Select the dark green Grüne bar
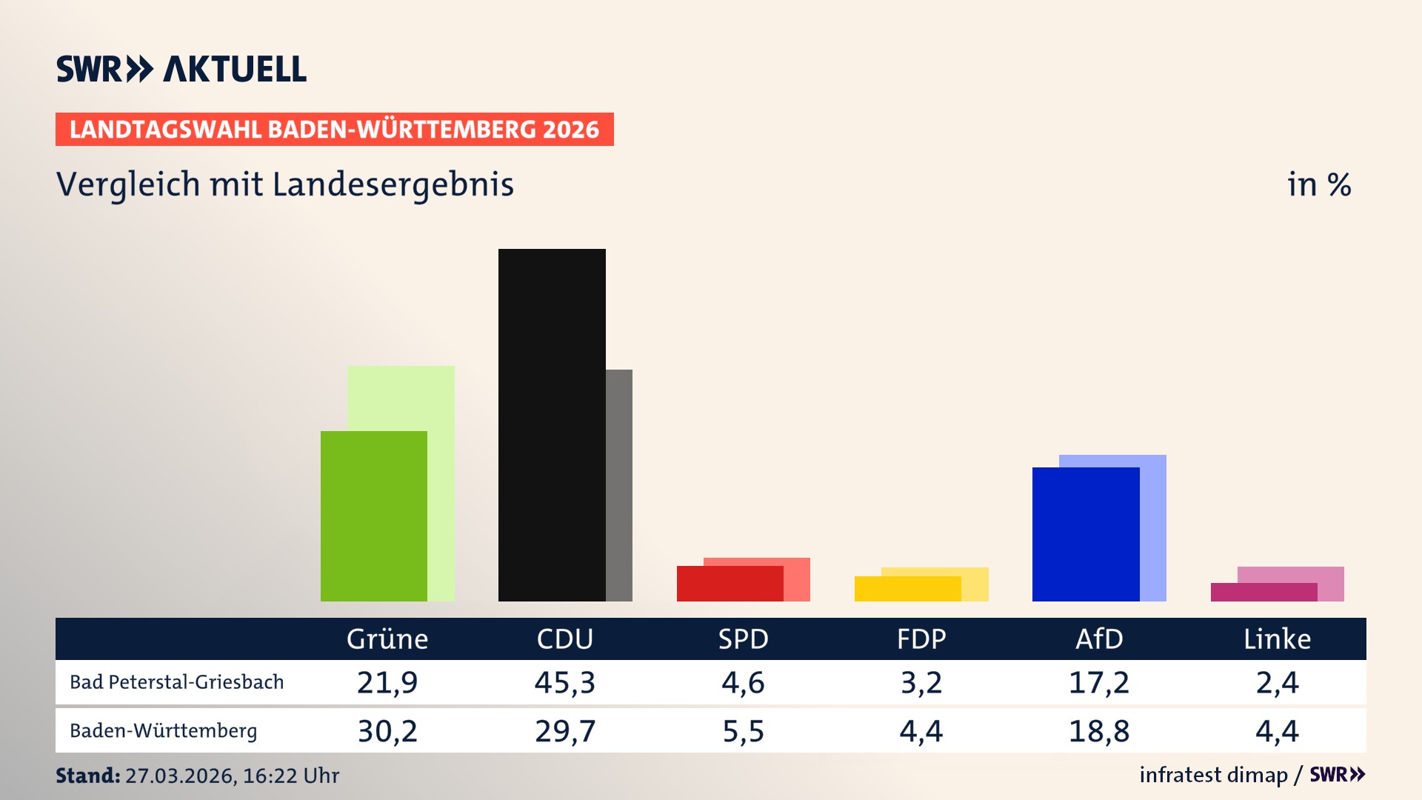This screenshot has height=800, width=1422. (374, 516)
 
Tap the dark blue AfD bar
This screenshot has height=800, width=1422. (1086, 534)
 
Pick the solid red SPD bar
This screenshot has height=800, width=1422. (730, 584)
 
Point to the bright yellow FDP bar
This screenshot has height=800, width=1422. (907, 589)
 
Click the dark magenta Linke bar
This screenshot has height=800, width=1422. (1264, 593)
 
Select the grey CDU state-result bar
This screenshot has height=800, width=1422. (619, 485)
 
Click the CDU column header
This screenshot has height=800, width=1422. (565, 639)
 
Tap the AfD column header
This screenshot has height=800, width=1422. (1099, 639)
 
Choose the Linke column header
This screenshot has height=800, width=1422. (1277, 639)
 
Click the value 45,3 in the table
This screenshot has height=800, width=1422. (565, 682)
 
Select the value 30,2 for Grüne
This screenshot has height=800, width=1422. (387, 731)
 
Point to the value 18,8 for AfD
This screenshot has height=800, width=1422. (1099, 731)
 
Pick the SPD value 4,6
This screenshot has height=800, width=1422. (743, 682)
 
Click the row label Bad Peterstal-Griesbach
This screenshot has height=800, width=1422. (176, 682)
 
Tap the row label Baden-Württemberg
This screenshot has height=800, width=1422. (163, 731)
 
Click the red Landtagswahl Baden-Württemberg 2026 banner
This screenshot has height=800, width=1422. (334, 130)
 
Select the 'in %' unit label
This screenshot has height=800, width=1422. (1319, 184)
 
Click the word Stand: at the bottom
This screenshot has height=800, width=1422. (87, 776)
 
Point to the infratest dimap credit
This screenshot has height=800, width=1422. (1213, 775)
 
